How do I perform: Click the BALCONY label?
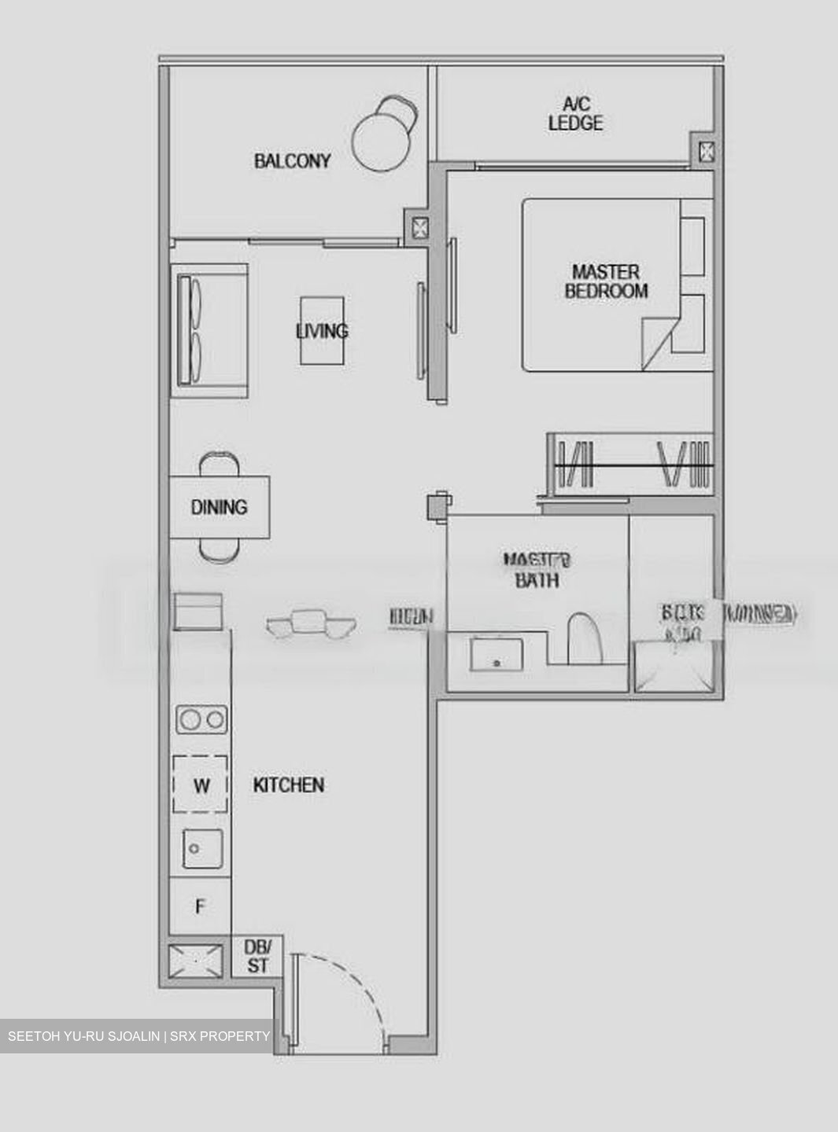292,161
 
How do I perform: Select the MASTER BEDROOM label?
606,281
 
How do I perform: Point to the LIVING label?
322,331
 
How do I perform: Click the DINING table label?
219,507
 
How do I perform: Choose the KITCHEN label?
288,785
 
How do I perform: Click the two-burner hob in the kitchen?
201,719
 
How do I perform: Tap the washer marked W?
201,785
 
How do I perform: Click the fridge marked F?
201,907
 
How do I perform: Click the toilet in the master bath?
585,637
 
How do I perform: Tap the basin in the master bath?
497,654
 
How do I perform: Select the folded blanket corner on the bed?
659,343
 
